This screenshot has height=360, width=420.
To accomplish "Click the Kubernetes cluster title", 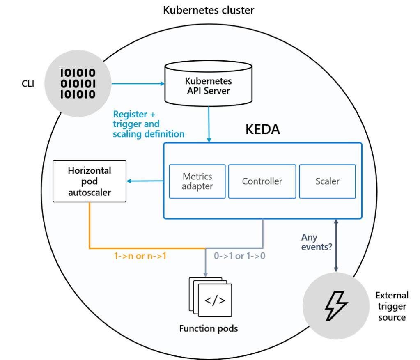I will [x=209, y=10].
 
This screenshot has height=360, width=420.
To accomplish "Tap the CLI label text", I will [x=28, y=84].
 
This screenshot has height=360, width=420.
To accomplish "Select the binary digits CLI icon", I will [x=78, y=84].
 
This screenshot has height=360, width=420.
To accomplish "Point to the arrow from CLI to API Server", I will [x=138, y=84].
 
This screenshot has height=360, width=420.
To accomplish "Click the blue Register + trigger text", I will [x=148, y=124].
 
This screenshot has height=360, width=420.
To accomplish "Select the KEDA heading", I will [x=262, y=129].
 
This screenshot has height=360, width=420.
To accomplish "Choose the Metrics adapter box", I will [x=197, y=181].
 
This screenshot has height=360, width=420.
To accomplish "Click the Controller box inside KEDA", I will [x=262, y=181].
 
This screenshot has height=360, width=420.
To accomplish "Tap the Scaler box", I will [x=327, y=181].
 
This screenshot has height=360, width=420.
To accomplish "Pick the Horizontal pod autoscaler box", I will [x=90, y=181].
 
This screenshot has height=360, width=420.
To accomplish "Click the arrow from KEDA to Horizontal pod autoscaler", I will [x=145, y=181].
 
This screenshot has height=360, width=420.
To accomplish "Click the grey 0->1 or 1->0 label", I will [x=239, y=256].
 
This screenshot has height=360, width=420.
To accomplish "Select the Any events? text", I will [x=317, y=242].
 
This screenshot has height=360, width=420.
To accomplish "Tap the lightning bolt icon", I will [x=336, y=306].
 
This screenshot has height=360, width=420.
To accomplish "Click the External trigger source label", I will [x=392, y=306].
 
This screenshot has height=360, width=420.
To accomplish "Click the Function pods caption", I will [x=208, y=329].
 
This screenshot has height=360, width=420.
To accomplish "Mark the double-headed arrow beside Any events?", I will [x=336, y=245].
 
